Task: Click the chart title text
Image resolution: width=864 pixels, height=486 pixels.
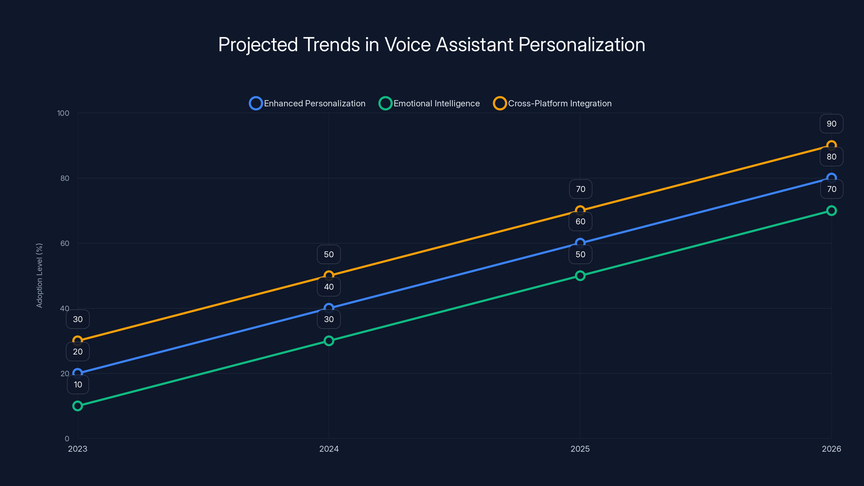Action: coord(432,45)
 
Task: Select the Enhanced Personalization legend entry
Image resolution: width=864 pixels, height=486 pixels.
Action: coord(308,103)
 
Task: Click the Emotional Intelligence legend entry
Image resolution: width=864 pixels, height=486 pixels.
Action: coord(429,103)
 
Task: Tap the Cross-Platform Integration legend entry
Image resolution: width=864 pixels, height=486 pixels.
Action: coord(552,103)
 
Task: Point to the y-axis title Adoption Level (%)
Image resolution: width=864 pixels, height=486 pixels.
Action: coord(40,275)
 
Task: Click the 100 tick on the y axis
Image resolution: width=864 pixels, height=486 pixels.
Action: coord(63,113)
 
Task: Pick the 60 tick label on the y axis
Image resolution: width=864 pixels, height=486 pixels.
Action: coord(65,244)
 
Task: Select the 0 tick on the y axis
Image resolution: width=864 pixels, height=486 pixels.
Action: coord(67,439)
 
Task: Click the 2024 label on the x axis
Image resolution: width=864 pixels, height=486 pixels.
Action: coord(329,449)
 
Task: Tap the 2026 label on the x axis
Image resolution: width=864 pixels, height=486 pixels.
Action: coord(831,449)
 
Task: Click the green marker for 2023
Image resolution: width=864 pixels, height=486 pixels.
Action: coord(77,406)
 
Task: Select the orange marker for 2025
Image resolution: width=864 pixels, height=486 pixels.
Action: coord(580,211)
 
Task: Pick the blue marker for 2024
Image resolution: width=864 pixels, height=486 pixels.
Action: coord(329,308)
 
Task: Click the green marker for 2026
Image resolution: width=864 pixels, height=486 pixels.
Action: coord(831,211)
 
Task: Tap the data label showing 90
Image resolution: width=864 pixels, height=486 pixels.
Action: coord(831,124)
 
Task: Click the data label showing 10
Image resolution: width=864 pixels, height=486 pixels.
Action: coord(78,384)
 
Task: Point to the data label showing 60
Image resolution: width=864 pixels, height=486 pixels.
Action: coord(580,221)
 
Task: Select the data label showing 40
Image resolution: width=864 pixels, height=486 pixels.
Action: coord(329,287)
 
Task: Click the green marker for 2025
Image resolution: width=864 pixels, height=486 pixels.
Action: coord(580,276)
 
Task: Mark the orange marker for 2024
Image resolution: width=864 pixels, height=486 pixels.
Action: coord(329,276)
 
